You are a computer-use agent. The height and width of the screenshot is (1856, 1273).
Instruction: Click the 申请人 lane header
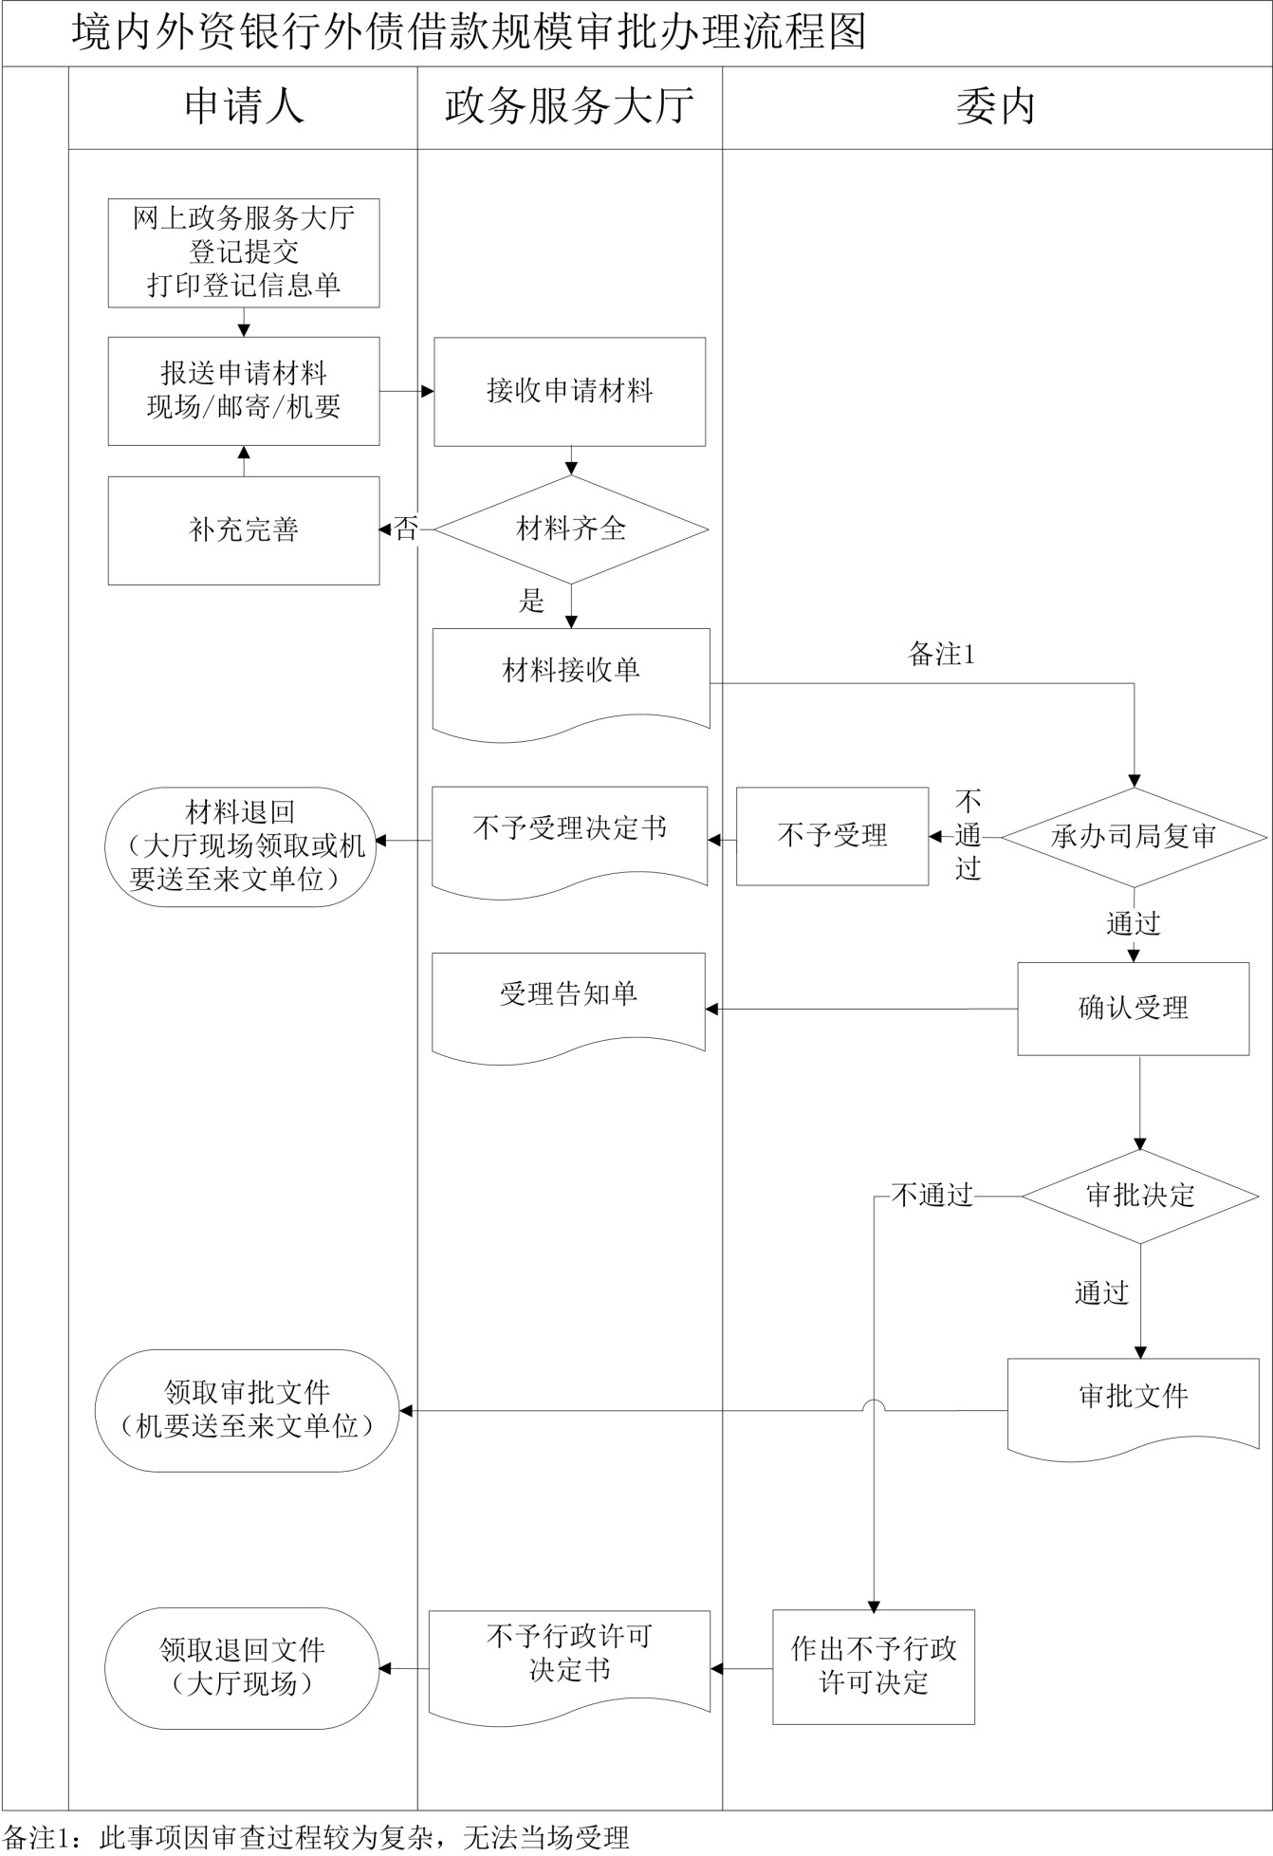243,107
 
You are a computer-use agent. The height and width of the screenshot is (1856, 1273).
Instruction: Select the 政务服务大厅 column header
569,107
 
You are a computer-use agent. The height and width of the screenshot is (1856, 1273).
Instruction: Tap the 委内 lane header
996,107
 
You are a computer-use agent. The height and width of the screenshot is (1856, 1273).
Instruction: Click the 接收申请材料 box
569,391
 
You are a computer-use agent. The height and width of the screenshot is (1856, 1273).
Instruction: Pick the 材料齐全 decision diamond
571,529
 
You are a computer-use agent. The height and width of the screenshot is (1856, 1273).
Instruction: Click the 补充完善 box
244,529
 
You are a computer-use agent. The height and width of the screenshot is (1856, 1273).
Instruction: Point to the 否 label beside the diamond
406,529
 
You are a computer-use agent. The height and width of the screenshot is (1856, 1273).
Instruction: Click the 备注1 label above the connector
941,654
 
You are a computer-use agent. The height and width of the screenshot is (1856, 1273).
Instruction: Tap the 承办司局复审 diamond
1134,836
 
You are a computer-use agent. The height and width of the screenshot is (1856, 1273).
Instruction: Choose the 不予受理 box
832,836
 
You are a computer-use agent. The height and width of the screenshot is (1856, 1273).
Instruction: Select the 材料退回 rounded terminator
239,846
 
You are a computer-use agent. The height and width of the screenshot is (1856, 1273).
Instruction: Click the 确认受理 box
1133,1008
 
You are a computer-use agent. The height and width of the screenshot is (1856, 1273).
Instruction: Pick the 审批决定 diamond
1139,1196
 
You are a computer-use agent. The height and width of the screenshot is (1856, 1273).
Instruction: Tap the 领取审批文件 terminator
247,1410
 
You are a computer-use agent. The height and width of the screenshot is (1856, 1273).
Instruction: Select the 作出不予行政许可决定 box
873,1666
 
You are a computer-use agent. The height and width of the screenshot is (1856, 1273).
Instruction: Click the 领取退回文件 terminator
242,1667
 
